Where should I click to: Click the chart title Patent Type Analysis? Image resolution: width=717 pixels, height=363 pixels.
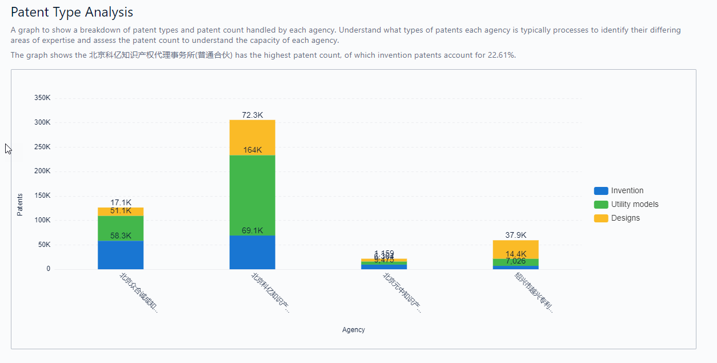pos(72,12)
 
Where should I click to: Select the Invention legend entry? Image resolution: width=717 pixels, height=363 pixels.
pos(627,191)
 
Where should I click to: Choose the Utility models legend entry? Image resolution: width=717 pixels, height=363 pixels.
pos(634,205)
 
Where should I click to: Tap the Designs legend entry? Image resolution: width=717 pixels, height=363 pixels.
pos(625,218)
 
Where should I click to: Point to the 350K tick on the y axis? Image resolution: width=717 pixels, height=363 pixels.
pos(42,98)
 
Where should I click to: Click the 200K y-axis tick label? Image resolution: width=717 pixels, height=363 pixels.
pos(42,171)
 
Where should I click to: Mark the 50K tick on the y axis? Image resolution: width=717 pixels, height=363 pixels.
pos(44,245)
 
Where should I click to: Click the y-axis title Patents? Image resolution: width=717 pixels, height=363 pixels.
pos(20,205)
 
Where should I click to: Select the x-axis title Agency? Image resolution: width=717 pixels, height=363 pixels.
pos(353,330)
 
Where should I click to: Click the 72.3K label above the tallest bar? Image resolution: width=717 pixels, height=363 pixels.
pos(252,115)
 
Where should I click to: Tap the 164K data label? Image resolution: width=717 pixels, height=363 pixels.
pos(252,150)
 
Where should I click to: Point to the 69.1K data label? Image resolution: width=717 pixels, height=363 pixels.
pos(252,231)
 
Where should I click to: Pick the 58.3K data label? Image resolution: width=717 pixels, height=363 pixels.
pos(121,236)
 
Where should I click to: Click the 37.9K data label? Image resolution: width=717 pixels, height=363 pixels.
pos(515,235)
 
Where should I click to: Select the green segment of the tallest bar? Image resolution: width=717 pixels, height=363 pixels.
pos(252,194)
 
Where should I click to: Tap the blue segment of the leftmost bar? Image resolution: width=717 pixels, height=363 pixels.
pos(121,255)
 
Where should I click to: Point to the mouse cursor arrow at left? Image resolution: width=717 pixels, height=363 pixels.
pos(8,149)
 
